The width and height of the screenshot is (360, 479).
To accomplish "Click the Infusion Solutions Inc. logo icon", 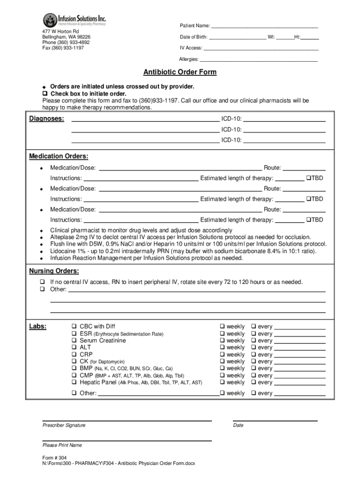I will tap(50, 20).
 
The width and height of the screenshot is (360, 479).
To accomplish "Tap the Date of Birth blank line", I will tap(238, 37).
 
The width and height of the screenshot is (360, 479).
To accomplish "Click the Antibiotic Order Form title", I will tap(180, 73).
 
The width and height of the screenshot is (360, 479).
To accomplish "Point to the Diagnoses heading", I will tap(47, 119).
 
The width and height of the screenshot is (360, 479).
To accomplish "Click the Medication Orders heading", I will tap(58, 156).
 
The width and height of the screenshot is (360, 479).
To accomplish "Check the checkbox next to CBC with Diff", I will tap(74, 327).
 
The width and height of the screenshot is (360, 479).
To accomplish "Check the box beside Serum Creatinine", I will tap(74, 341).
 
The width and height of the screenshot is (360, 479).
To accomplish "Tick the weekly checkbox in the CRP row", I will tap(223, 355).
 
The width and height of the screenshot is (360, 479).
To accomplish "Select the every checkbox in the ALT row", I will tap(254, 348).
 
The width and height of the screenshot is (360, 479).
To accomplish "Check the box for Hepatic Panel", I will tap(74, 382).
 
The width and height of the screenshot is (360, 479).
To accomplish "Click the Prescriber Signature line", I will tap(127, 419).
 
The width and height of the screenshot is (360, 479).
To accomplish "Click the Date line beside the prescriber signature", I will tap(275, 419).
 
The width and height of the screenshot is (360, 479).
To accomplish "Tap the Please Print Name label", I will tap(62, 445).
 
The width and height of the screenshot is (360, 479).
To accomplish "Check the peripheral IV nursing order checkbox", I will tap(42, 282).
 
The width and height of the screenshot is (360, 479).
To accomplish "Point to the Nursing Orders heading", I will tap(54, 271).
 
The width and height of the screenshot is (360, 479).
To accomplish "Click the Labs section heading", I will tap(37, 327).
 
